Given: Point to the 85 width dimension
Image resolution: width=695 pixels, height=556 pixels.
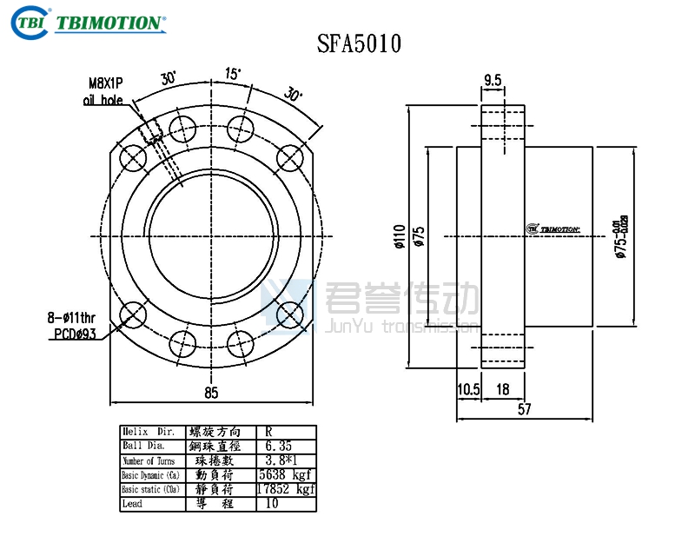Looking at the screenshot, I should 210,393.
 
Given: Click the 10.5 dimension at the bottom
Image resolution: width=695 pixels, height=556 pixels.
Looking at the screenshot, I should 469,390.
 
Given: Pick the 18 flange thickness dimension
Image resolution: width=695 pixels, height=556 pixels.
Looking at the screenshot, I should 502,390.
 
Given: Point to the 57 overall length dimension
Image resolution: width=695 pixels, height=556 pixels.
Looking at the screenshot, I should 524,409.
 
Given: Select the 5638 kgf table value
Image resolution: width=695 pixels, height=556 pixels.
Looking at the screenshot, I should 285,475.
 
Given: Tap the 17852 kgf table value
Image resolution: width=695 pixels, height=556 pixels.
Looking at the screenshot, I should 285,490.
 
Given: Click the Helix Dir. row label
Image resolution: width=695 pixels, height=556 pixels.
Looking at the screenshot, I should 149,432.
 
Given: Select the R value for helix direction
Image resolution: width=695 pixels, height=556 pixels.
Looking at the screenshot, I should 269,432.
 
